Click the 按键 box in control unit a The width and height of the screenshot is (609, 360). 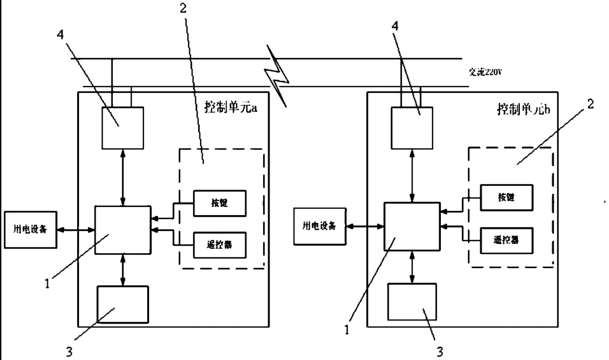(219, 203)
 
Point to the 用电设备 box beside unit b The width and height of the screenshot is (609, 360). (319, 225)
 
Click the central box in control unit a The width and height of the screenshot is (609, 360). (123, 230)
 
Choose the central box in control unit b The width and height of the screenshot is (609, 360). (412, 226)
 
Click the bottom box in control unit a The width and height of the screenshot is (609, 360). (123, 304)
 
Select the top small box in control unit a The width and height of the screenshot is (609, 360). (123, 128)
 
